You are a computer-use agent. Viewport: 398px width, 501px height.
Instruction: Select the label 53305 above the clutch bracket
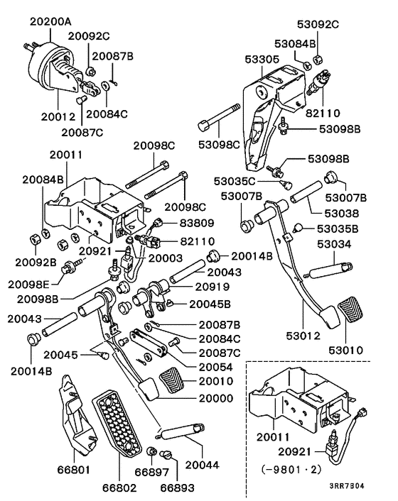coord(259,61)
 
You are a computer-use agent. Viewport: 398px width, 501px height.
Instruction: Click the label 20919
coord(193,289)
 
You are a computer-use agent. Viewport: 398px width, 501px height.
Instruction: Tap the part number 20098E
coord(29,283)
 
